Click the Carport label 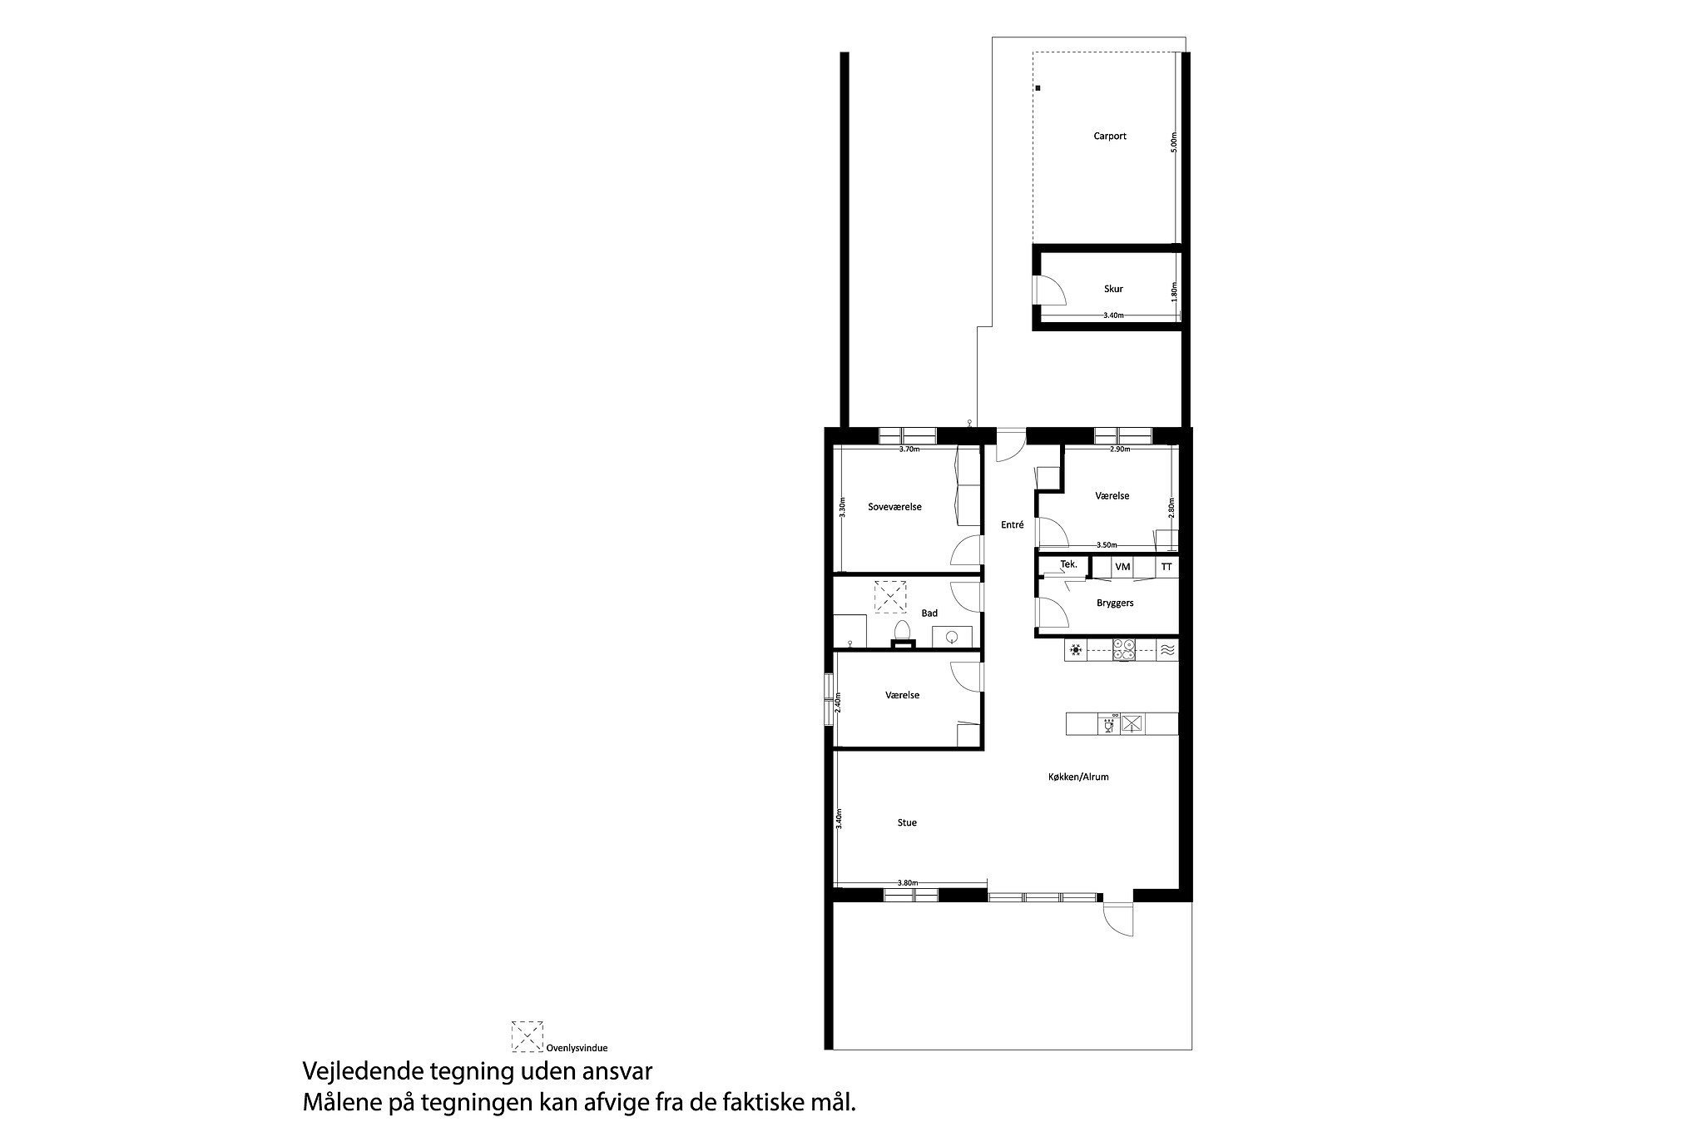tap(1110, 136)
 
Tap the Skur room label tap(1113, 289)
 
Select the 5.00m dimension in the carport tap(1174, 142)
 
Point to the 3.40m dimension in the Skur tap(1113, 315)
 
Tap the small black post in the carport tap(1038, 87)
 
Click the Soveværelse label tap(894, 507)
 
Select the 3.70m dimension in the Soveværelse tap(909, 449)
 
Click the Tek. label tap(1069, 564)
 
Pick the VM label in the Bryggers tap(1122, 567)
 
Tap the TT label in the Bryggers tap(1167, 567)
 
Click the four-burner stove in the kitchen tap(1124, 649)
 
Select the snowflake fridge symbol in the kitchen tap(1076, 649)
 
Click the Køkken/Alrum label tap(1078, 777)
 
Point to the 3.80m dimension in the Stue tap(908, 882)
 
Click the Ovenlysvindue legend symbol tap(528, 1035)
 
